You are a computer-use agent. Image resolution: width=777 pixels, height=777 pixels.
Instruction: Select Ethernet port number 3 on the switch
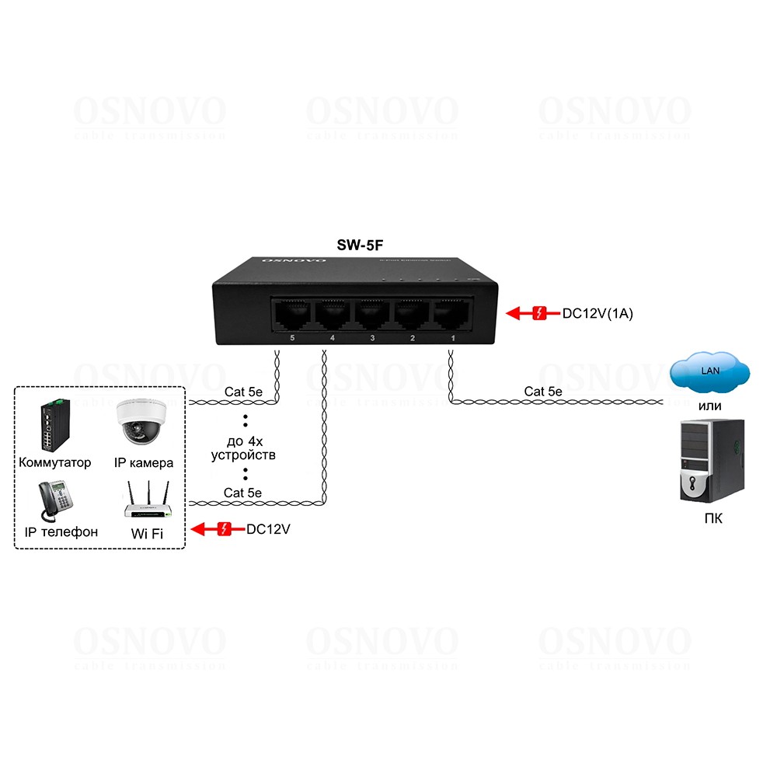coord(372,315)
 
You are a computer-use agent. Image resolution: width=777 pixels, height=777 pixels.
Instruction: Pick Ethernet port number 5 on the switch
coord(291,315)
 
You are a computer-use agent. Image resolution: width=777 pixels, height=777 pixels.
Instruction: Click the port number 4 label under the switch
coord(333,339)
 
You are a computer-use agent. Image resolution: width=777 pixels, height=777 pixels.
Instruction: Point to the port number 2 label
coord(413,339)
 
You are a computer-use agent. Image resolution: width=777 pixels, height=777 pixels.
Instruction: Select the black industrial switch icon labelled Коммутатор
coord(54,425)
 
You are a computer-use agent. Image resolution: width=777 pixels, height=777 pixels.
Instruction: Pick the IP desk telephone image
coord(54,500)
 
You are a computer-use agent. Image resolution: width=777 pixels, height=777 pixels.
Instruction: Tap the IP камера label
coord(144,463)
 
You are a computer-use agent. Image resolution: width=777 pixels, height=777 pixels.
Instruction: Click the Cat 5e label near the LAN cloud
coord(543,392)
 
